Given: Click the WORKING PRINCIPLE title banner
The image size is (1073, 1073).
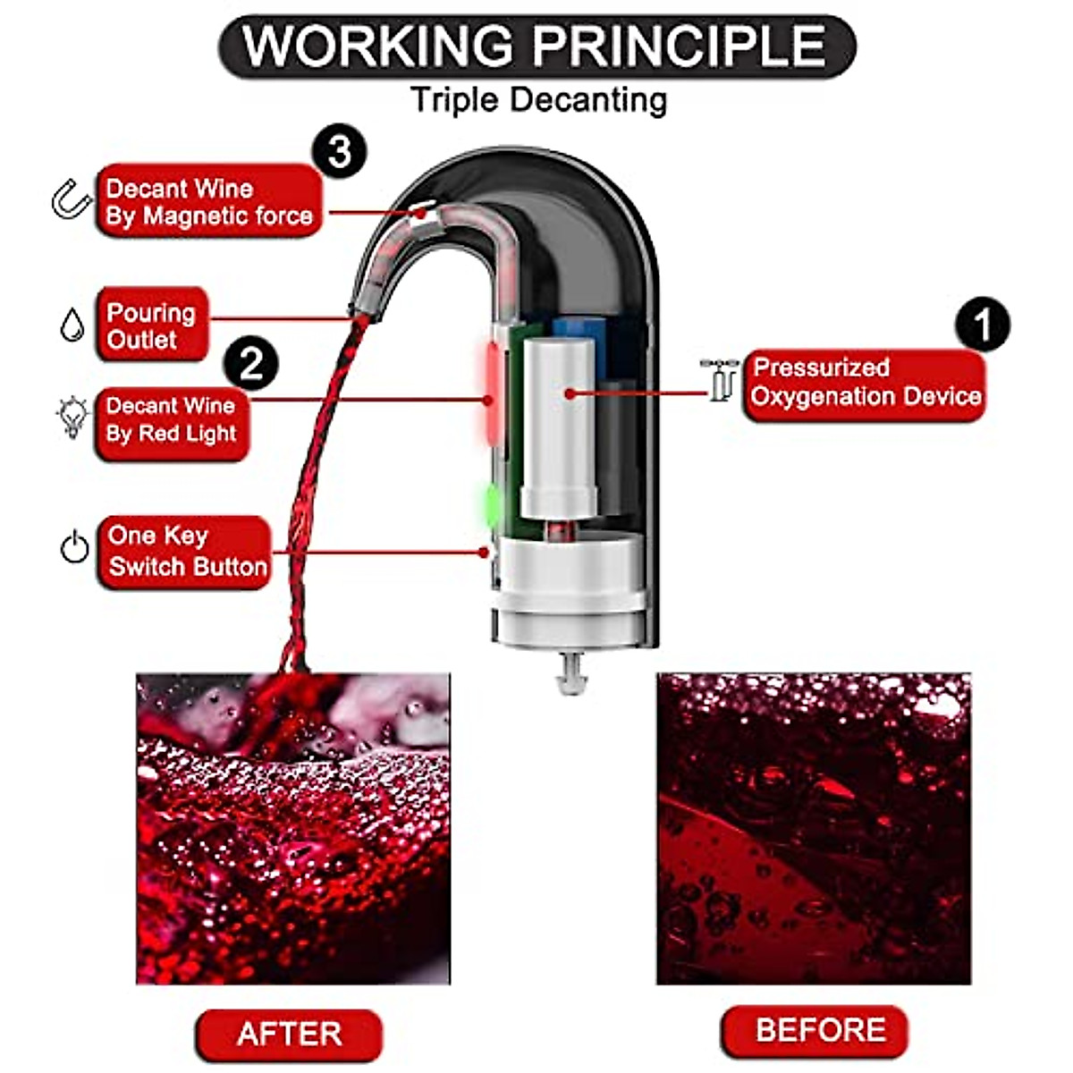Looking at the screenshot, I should pyautogui.click(x=536, y=46).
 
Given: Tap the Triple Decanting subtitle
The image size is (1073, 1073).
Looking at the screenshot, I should pyautogui.click(x=538, y=99).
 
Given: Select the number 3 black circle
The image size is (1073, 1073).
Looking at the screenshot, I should pyautogui.click(x=339, y=152).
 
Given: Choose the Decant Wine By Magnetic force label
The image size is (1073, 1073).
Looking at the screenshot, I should pyautogui.click(x=208, y=202).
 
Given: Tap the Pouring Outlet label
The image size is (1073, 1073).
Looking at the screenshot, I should pyautogui.click(x=151, y=325).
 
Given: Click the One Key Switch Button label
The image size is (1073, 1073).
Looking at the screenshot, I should pyautogui.click(x=183, y=552).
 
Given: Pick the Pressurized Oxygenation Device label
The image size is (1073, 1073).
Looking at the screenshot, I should pyautogui.click(x=864, y=384).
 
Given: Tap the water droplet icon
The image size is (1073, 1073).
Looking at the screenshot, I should pyautogui.click(x=72, y=325).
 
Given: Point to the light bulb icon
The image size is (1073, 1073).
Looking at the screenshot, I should pyautogui.click(x=72, y=418).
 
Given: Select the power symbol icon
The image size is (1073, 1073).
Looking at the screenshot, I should pyautogui.click(x=74, y=547).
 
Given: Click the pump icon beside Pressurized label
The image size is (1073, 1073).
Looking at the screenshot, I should pyautogui.click(x=718, y=379).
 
